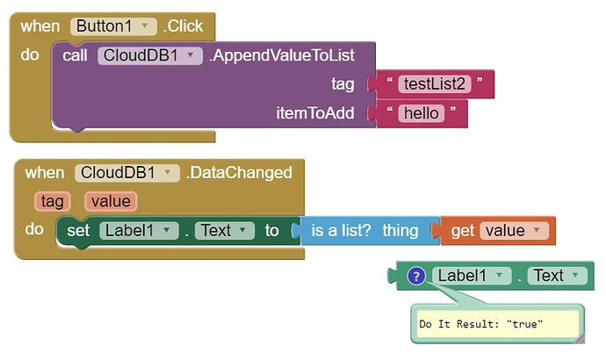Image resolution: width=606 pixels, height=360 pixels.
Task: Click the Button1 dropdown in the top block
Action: tap(113, 26)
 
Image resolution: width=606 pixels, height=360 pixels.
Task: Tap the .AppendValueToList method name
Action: tap(280, 55)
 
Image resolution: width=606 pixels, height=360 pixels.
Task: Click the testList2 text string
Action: tap(434, 83)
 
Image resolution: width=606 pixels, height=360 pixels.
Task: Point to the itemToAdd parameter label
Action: tap(314, 112)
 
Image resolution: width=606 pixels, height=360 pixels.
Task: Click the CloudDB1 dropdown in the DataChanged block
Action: tap(127, 172)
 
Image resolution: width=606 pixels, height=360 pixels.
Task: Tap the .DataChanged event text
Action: tap(238, 172)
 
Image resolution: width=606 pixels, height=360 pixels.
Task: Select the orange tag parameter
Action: tap(52, 201)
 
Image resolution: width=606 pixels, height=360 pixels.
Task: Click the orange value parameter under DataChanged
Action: tap(111, 201)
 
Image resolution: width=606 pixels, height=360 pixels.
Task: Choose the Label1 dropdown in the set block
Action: tap(138, 230)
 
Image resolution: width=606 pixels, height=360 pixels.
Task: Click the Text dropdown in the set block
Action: tap(222, 230)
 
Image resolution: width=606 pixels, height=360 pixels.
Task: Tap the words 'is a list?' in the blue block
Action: tap(342, 230)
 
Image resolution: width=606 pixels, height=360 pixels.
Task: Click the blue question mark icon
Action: tap(417, 276)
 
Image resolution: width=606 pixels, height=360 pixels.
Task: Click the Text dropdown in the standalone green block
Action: tap(556, 276)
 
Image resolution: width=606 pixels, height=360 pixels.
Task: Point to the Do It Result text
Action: tap(480, 324)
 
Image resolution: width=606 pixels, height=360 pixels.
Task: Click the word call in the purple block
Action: tap(76, 55)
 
